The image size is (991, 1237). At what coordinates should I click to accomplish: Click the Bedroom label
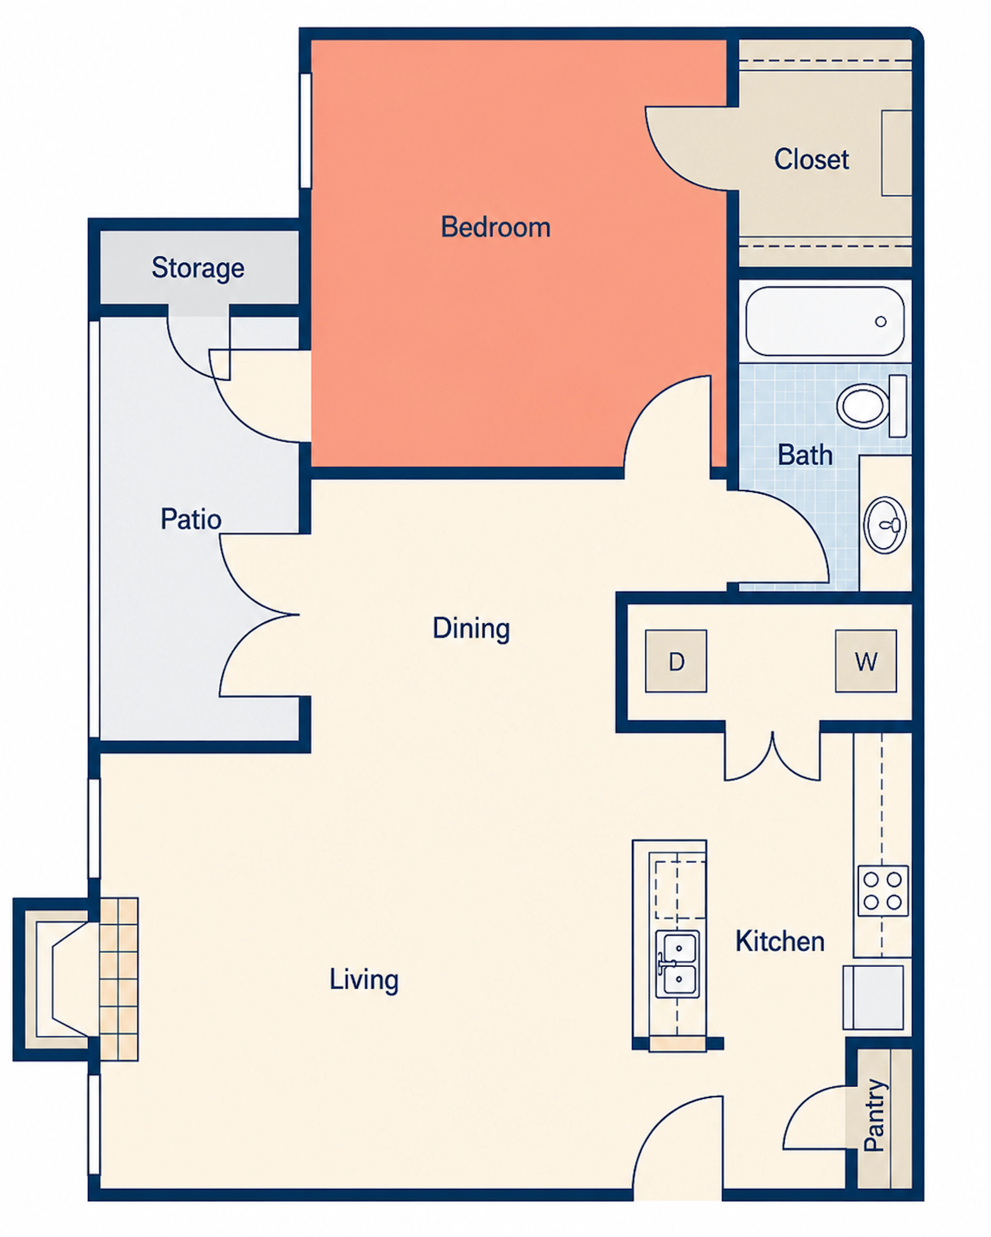495,227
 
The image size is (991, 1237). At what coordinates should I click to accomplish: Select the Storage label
197,268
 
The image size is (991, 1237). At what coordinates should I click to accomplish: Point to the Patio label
191,519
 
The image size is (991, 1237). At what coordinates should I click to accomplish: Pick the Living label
364,979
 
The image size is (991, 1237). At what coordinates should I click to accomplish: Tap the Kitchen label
780,942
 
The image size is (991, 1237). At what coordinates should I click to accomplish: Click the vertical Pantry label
874,1115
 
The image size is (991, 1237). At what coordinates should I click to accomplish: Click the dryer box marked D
676,661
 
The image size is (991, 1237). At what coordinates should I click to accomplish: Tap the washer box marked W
866,661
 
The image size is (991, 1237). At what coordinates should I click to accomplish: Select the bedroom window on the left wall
306,131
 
